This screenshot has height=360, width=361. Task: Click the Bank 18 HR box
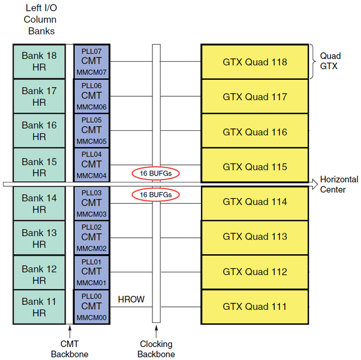[x=39, y=61]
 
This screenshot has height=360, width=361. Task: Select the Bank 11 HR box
[x=39, y=307]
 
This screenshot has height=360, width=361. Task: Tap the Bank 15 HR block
[x=39, y=167]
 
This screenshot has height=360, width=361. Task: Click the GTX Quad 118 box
[x=255, y=62]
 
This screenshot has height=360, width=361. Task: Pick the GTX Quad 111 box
[x=255, y=306]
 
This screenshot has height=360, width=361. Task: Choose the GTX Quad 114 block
[x=255, y=202]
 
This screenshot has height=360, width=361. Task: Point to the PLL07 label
[x=91, y=51]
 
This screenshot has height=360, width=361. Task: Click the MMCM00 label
[x=91, y=317]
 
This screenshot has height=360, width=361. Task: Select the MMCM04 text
[x=91, y=175]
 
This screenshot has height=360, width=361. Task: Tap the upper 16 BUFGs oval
[x=156, y=173]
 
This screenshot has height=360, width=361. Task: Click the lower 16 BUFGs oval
[x=156, y=195]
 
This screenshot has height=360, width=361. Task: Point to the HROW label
[x=131, y=300]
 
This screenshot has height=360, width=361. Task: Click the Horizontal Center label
[x=339, y=185]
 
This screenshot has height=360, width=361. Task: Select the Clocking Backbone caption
[x=156, y=349]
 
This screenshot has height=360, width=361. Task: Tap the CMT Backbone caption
[x=69, y=349]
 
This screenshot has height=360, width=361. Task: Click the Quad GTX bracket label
[x=331, y=61]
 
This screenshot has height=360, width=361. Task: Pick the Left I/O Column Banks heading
[x=40, y=20]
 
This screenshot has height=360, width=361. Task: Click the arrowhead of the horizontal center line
[x=314, y=185]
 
